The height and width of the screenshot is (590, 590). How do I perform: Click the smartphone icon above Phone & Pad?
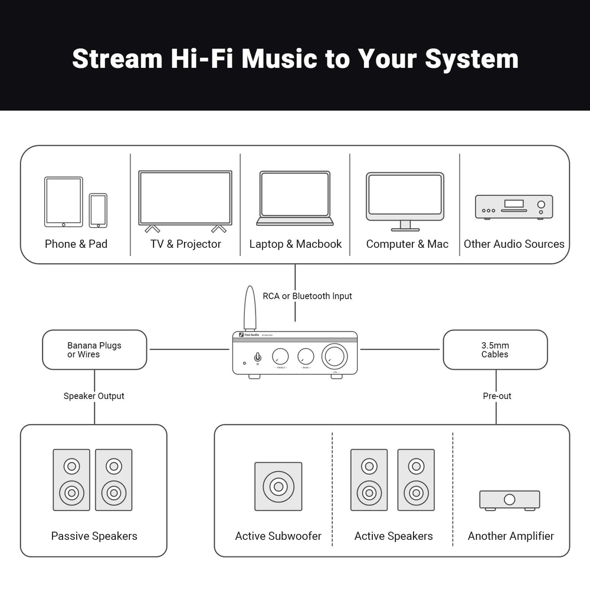[98, 210]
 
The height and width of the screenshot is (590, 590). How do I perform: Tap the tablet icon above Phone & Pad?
[63, 202]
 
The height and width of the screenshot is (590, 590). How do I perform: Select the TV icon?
[185, 199]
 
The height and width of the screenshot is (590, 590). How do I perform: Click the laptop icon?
[295, 198]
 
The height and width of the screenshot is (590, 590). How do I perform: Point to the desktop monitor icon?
[405, 199]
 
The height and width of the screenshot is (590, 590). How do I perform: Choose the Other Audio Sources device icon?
[514, 206]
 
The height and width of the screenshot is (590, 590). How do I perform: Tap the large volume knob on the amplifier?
[335, 356]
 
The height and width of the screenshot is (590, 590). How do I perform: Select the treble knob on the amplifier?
[280, 356]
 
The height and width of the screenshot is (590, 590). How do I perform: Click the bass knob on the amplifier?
[306, 356]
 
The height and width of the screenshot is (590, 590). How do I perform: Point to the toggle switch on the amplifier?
[257, 357]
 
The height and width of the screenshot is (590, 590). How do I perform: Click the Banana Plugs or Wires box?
[94, 350]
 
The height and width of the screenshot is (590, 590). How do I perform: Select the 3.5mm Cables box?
[495, 350]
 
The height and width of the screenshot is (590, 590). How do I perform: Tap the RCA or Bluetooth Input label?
[307, 296]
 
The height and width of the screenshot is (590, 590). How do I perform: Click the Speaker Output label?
[94, 396]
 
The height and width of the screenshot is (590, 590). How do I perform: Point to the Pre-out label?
[497, 396]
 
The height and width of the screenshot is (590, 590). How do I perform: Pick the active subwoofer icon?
[278, 486]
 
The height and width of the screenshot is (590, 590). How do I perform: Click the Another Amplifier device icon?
[509, 500]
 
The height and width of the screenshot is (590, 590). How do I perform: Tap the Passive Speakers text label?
[94, 536]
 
